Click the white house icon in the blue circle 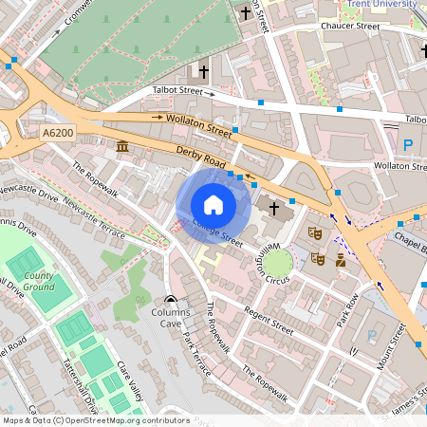[x=213, y=205]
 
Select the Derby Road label [x=198, y=157]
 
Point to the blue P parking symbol [x=408, y=145]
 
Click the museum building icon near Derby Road [x=122, y=147]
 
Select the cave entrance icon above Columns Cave [x=171, y=298]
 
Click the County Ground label [x=39, y=281]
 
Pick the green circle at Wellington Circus [x=278, y=262]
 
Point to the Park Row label [x=348, y=311]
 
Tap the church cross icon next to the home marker [x=274, y=208]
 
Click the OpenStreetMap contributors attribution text [x=95, y=419]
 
